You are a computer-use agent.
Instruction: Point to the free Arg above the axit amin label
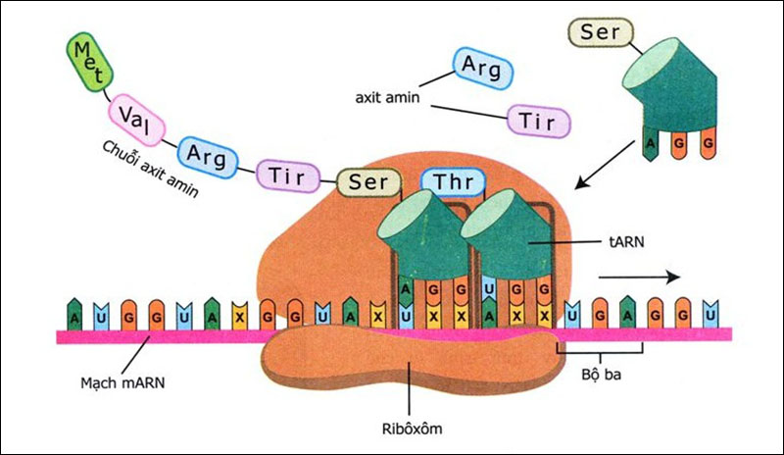click(481, 68)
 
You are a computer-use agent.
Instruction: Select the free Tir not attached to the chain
click(538, 123)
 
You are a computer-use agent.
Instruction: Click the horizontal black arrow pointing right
click(638, 277)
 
